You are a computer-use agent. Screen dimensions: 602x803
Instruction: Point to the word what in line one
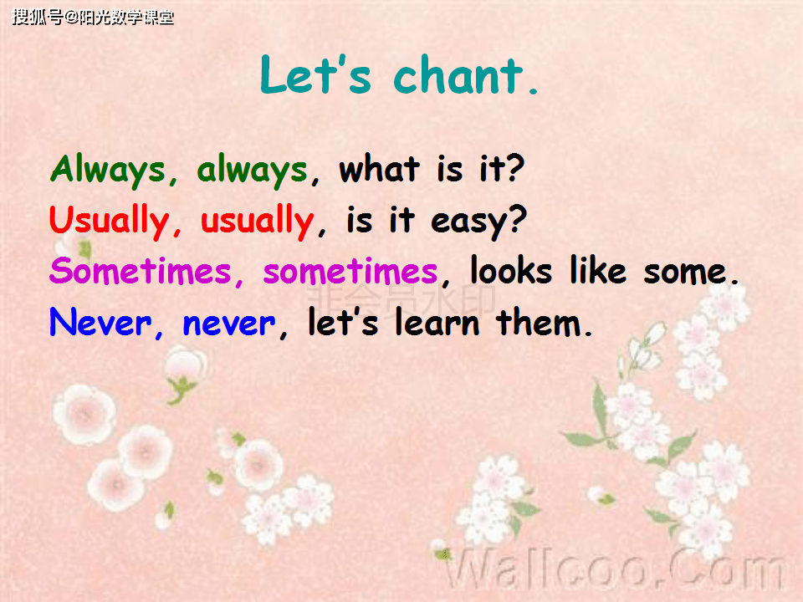tap(379, 170)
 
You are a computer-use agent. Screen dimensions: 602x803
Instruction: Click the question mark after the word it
tap(514, 170)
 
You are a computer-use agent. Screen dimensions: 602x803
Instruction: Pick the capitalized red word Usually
tap(109, 222)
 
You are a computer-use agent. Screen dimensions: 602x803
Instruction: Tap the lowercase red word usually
tap(257, 222)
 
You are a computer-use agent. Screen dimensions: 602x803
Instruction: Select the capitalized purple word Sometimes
tap(141, 272)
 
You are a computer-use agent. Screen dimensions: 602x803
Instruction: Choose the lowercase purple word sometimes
tap(350, 272)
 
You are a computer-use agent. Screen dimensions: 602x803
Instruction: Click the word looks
tap(510, 272)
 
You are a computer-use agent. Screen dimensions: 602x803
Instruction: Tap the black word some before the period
tap(683, 272)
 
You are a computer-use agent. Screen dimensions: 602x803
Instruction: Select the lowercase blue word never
tap(229, 323)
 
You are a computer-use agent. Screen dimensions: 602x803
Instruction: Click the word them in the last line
tap(537, 323)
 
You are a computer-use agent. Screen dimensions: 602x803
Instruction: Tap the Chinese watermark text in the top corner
tap(92, 17)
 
